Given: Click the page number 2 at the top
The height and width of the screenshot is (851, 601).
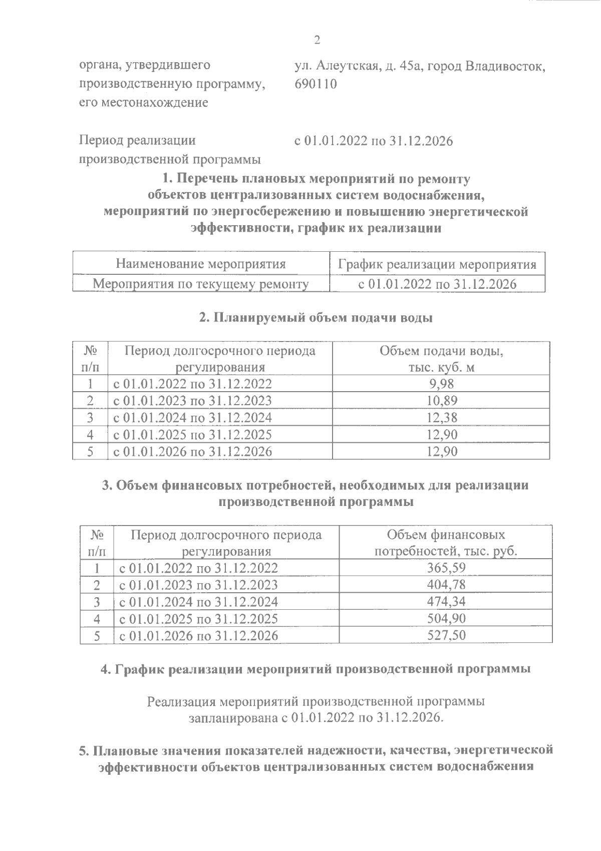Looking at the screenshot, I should click(x=316, y=41).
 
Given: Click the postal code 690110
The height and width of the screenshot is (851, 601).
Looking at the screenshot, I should click(x=316, y=84).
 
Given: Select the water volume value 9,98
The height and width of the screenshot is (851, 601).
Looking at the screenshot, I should click(x=441, y=384).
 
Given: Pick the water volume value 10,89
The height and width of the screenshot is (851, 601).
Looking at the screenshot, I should click(x=441, y=401).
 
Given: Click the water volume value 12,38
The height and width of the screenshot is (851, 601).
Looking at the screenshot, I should click(x=441, y=417).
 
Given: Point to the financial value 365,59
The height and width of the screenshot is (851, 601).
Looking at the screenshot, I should click(x=446, y=568).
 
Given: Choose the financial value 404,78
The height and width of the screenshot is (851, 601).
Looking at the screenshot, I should click(x=446, y=585).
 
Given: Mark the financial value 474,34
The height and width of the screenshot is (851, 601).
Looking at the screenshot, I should click(x=446, y=601).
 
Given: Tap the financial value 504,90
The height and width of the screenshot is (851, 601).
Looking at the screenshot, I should click(x=446, y=618).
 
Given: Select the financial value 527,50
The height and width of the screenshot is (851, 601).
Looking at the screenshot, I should click(x=446, y=635).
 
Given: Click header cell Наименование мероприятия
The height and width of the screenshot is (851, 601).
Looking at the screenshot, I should click(x=201, y=264).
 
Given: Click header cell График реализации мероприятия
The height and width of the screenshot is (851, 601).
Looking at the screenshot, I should click(x=437, y=264).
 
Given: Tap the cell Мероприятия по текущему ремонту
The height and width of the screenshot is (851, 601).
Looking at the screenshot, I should click(x=201, y=284).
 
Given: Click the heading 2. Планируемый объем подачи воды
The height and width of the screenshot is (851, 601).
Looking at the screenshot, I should click(x=316, y=318).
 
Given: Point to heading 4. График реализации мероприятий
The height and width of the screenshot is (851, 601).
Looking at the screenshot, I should click(x=316, y=669).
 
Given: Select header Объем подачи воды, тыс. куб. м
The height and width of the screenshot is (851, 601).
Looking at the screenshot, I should click(x=441, y=359).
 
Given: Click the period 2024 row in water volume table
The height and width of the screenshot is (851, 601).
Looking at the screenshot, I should click(x=192, y=417).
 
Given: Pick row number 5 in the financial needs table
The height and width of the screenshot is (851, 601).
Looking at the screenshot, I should click(x=97, y=636).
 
